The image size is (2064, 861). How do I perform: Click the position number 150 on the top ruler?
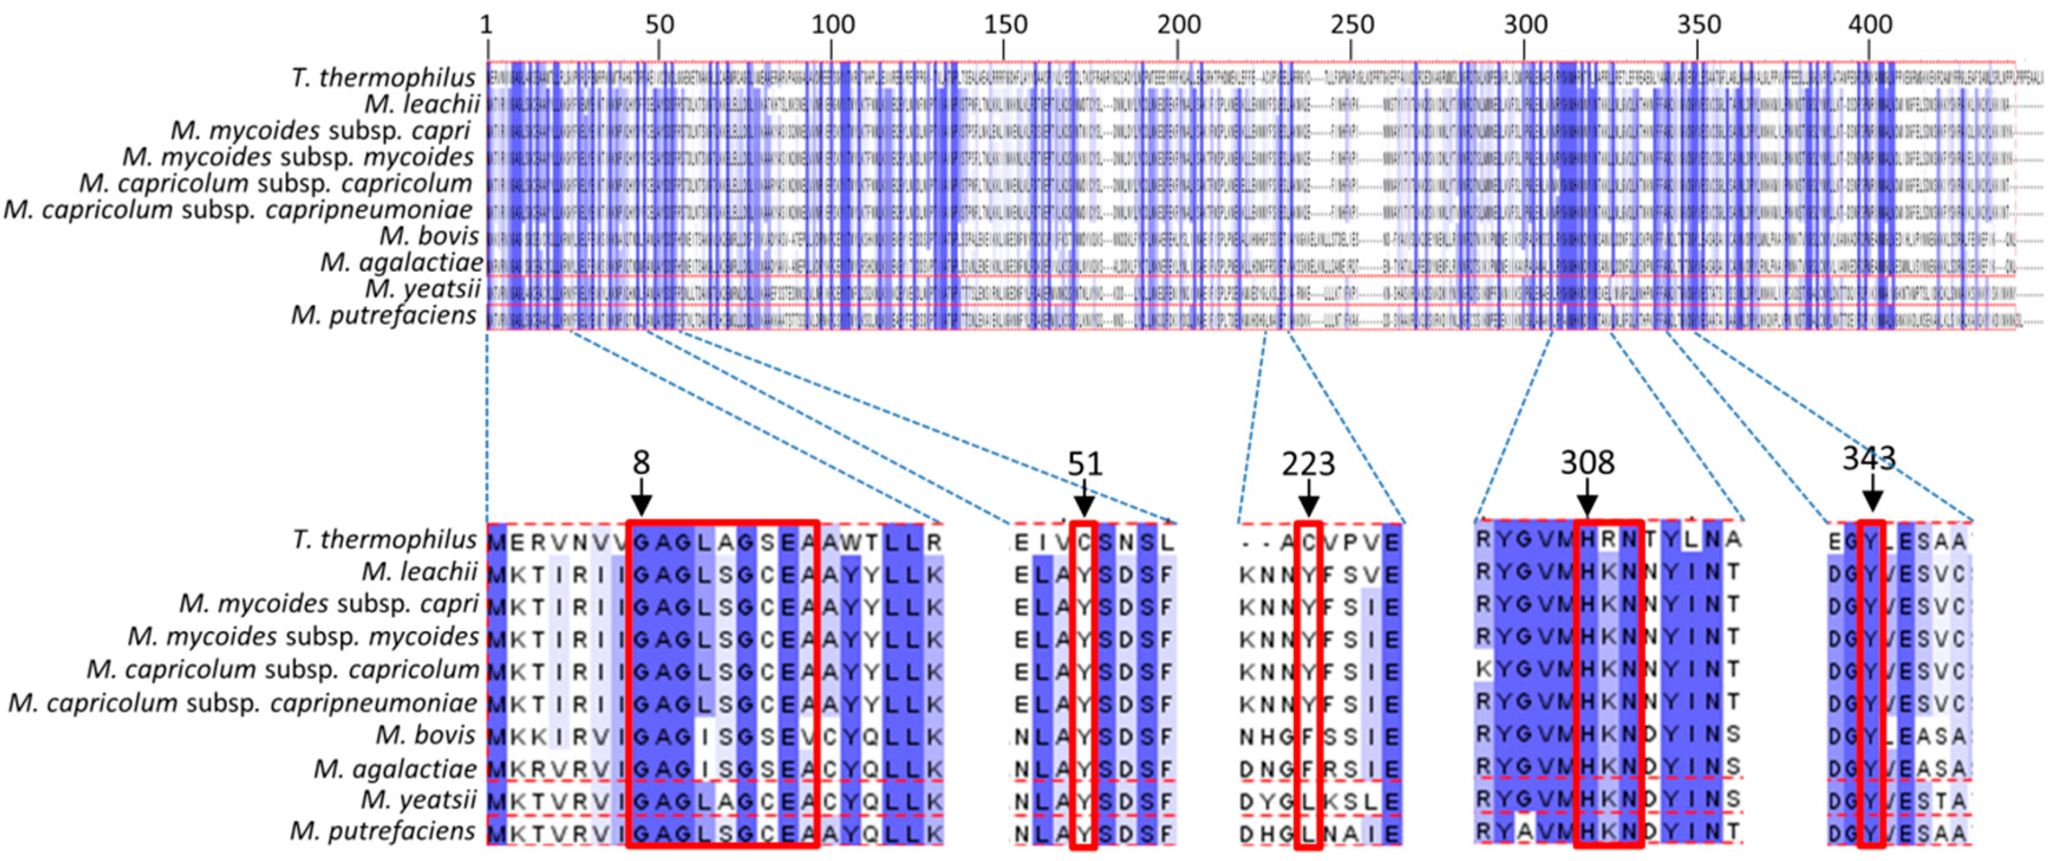coord(1005,25)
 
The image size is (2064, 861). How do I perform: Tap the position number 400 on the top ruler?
coord(1870,25)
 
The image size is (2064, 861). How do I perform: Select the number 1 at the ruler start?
coord(486,25)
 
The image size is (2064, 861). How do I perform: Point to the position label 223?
coord(1308,464)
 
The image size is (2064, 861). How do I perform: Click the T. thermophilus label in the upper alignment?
coord(384,78)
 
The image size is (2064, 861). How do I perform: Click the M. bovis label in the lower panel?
coord(427,735)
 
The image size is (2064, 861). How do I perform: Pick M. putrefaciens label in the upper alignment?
coord(384,316)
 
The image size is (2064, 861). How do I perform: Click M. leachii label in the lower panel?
coord(420,572)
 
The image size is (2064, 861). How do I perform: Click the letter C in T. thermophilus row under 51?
coord(1084,543)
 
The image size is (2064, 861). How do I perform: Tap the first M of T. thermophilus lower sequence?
coord(497,543)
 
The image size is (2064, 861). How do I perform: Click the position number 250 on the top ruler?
coord(1352,25)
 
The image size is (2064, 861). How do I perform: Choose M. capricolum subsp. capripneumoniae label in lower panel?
coord(243,703)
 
